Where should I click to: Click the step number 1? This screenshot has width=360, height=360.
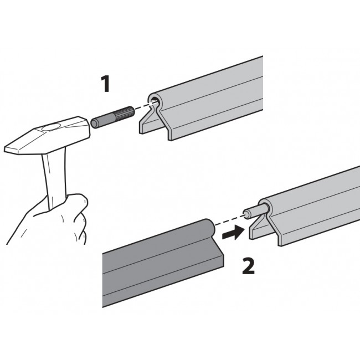(x=106, y=84)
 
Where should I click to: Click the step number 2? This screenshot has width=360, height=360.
(x=249, y=266)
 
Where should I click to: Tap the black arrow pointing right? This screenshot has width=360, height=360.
(x=233, y=233)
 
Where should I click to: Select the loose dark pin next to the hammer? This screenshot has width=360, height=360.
(x=112, y=117)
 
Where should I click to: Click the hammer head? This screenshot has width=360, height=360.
(x=47, y=136)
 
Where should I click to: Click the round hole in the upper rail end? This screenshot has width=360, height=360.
(x=155, y=101)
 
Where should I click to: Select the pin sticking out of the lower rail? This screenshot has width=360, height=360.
(x=255, y=213)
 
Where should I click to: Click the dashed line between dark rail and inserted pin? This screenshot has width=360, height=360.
(x=230, y=220)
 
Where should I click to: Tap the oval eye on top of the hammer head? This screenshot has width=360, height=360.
(x=51, y=127)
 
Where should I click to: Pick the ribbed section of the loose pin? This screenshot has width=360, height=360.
(x=124, y=114)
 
